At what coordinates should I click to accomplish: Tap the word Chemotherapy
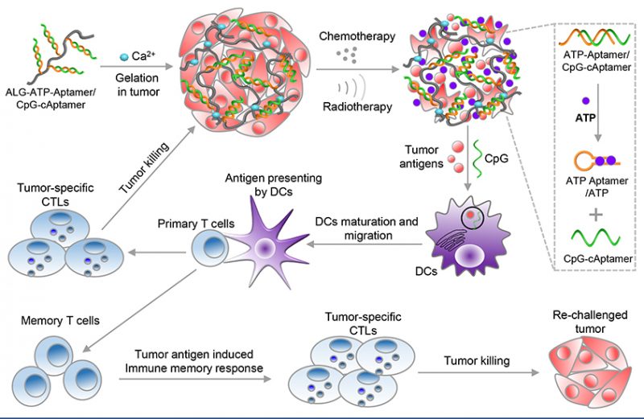tap(353, 37)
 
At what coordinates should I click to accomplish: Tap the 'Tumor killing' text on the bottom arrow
tap(477, 361)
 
